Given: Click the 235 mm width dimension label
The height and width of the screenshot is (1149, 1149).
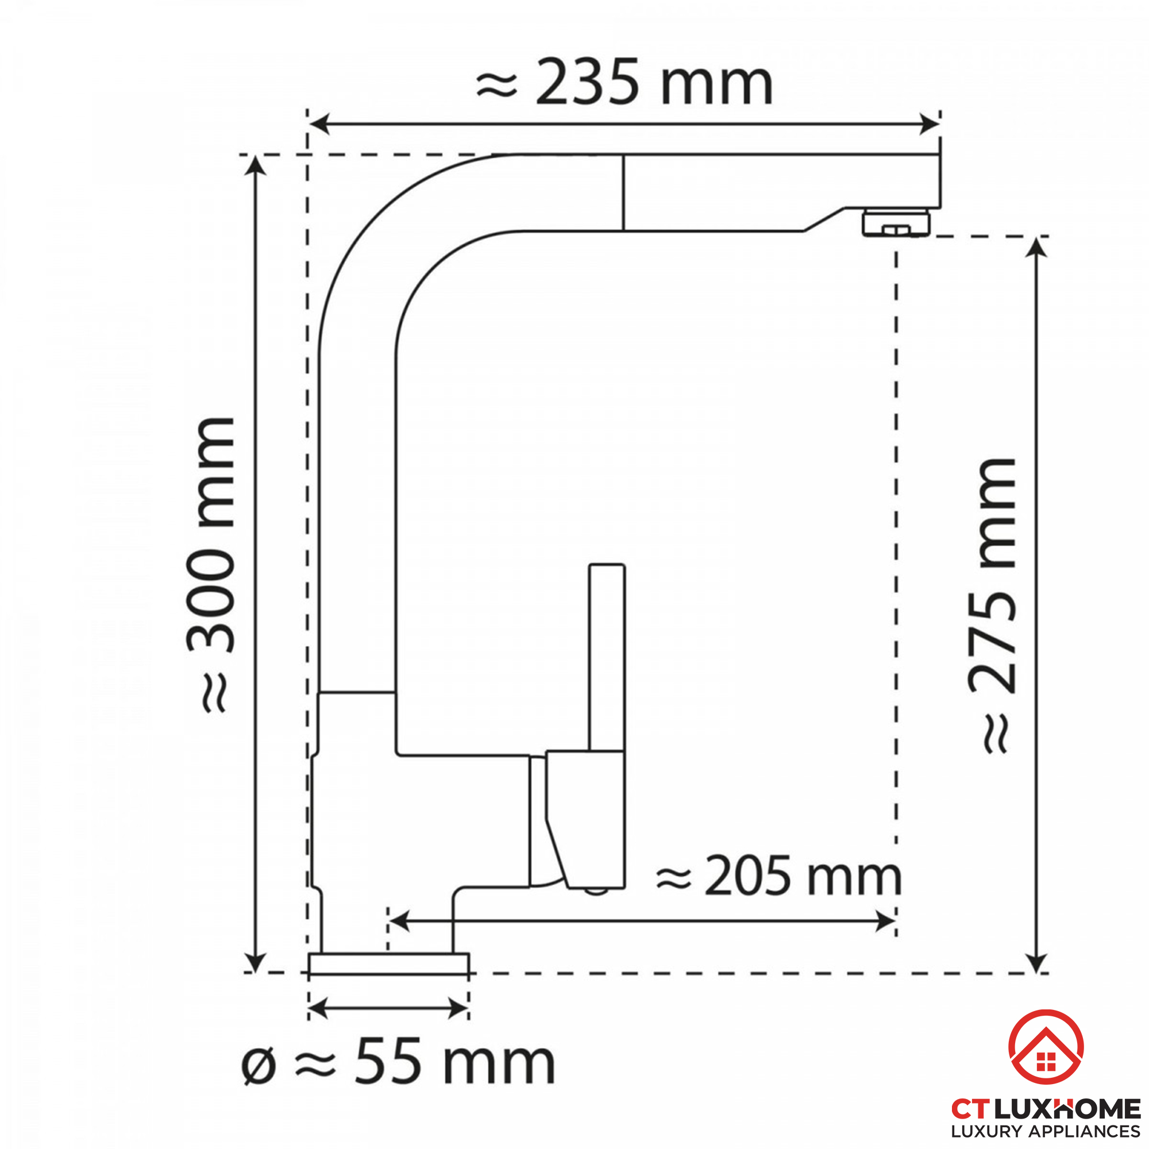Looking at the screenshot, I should [x=624, y=83].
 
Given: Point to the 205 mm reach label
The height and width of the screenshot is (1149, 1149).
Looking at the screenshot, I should [x=779, y=877].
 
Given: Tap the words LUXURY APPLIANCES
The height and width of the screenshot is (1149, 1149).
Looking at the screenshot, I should [x=1046, y=1131].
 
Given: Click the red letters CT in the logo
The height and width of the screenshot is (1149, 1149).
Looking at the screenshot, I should [x=970, y=1109].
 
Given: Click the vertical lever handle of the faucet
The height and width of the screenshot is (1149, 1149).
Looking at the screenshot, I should [x=607, y=657].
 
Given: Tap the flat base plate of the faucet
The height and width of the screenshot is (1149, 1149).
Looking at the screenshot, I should [x=389, y=964].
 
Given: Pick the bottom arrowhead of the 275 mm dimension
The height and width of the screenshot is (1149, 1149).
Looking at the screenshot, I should [x=1036, y=962].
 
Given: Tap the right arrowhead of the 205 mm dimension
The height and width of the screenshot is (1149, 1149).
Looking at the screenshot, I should [x=886, y=922].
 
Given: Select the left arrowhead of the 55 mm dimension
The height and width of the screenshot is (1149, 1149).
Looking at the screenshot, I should [x=318, y=1009].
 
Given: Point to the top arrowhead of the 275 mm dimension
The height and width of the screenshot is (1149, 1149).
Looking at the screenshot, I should [x=1036, y=248].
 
